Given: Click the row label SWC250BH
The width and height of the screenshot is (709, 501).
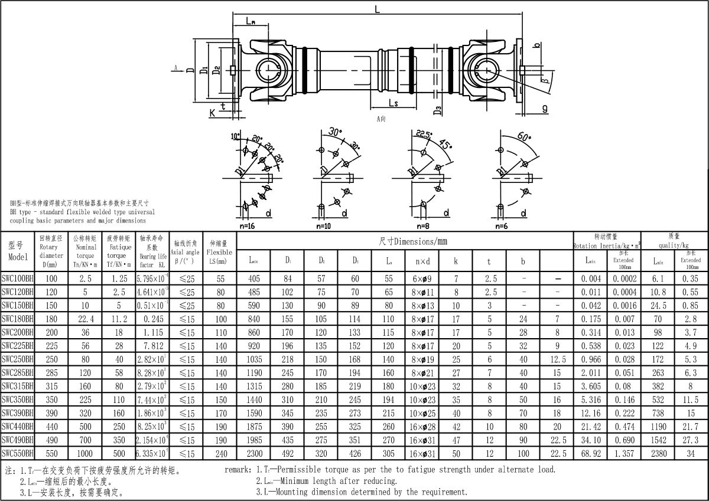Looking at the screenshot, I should pos(18,359).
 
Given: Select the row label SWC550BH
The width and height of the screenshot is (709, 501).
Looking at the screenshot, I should pos(18,454).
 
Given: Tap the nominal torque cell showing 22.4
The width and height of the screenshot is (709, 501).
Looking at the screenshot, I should pos(86,319).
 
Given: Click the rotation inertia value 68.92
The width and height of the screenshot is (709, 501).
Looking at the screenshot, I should pos(591,454).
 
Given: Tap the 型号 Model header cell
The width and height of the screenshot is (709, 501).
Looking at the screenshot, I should pos(18,251).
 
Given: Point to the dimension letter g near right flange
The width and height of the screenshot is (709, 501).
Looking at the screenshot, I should pos(544,108).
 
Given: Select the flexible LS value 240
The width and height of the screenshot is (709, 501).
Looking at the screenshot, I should pos(221,454).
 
